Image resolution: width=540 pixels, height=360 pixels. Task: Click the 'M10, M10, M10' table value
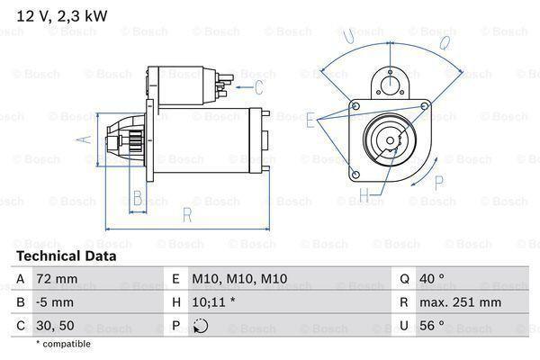[226, 280]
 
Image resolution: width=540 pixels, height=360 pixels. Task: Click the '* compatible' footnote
[64, 345]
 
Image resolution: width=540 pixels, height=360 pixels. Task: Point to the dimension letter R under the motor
[186, 214]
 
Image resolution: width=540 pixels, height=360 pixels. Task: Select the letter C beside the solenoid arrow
[259, 87]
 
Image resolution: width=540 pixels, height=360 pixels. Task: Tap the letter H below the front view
[364, 193]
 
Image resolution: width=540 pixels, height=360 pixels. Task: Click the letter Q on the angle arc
[445, 41]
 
